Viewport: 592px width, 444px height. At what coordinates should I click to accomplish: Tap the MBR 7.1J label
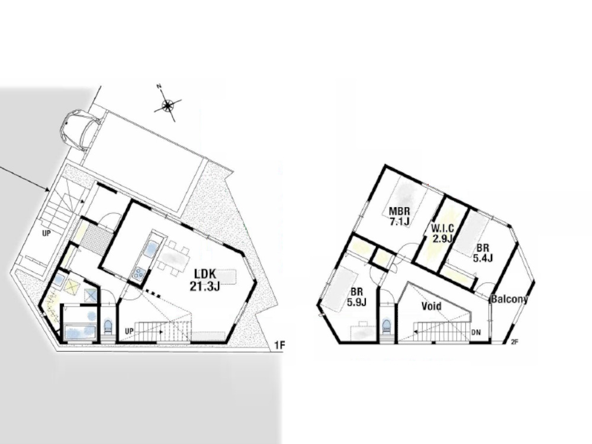pos(400,216)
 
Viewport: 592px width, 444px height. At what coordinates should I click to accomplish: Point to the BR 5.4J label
pos(482,253)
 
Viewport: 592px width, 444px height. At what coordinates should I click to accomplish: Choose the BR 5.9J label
pos(356,297)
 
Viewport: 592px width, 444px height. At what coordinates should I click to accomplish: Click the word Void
pos(432,306)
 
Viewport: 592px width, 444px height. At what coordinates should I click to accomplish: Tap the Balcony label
pos(509,300)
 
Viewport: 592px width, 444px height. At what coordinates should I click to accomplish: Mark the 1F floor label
pos(280,345)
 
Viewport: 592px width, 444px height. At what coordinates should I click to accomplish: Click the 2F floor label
pos(514,342)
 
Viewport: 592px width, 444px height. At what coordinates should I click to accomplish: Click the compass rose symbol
pos(168,105)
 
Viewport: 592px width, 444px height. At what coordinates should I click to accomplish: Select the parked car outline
pos(80,130)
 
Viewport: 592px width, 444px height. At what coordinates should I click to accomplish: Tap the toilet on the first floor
pos(108,327)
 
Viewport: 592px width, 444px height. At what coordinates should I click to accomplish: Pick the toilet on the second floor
pos(386,326)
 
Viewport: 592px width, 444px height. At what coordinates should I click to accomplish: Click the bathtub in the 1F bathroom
pos(79,333)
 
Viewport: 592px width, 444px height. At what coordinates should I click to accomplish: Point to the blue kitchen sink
pos(152,249)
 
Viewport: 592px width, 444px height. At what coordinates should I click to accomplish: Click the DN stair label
pos(477,333)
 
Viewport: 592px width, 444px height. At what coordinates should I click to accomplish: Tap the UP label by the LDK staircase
pos(129,331)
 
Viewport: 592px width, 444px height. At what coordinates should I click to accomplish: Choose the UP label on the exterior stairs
pos(46,234)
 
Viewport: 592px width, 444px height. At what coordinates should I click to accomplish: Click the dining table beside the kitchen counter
pos(172,259)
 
